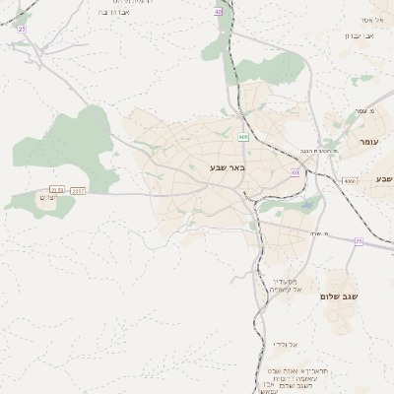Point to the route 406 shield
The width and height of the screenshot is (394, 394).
click(243, 137)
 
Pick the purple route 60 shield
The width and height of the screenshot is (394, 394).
click(295, 172)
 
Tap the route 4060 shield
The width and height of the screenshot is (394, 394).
click(350, 181)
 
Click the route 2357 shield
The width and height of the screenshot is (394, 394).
click(79, 189)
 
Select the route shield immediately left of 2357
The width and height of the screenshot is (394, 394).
click(57, 189)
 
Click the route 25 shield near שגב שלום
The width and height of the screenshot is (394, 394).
click(359, 241)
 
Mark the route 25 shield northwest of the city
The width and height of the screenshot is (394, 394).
click(22, 30)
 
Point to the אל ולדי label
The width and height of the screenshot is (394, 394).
click(284, 345)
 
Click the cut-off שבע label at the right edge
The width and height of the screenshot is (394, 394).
click(383, 178)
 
